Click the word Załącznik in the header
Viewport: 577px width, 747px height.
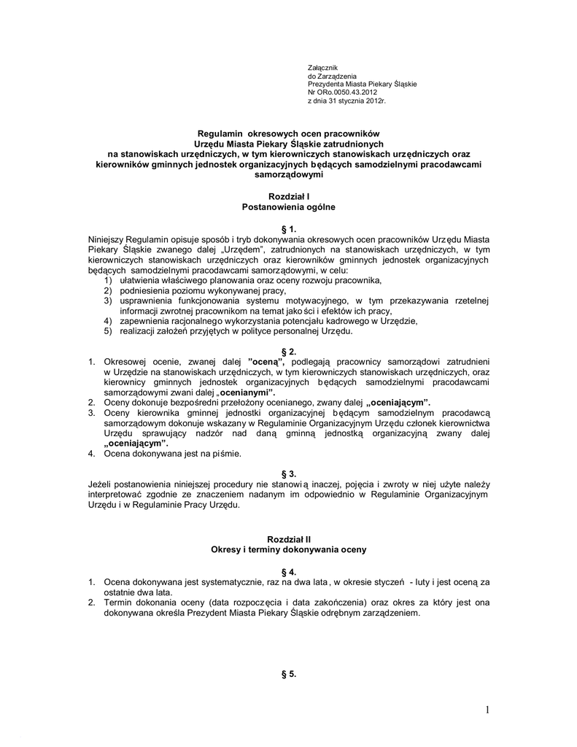point(322,68)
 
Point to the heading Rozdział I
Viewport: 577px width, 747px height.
point(289,197)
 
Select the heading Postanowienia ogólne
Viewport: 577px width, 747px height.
point(289,207)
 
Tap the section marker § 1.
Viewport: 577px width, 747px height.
point(289,229)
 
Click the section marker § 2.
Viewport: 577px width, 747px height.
point(289,351)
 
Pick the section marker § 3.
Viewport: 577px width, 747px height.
point(289,473)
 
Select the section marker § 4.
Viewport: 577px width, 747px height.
point(289,571)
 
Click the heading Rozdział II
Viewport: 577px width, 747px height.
point(289,538)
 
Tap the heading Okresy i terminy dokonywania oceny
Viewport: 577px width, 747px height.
point(289,549)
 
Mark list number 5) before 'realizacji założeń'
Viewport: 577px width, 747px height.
point(108,331)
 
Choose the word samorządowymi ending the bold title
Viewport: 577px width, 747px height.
point(289,175)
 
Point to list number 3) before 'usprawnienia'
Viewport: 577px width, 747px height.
point(108,301)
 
